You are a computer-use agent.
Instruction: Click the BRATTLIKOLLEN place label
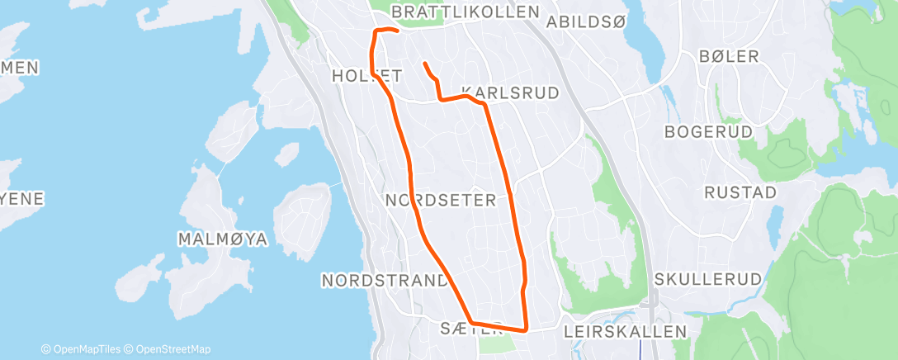click(465, 12)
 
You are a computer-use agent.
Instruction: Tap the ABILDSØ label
click(586, 21)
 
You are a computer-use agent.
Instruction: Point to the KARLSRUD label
click(510, 92)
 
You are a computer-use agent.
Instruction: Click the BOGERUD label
click(709, 132)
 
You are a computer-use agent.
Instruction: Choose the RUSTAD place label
click(740, 192)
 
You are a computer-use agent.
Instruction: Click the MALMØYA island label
click(223, 239)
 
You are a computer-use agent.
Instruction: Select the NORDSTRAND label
click(384, 280)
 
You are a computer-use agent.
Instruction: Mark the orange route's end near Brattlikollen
click(398, 31)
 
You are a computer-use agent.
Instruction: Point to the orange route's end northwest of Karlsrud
click(424, 64)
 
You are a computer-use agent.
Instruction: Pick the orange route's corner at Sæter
click(470, 322)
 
